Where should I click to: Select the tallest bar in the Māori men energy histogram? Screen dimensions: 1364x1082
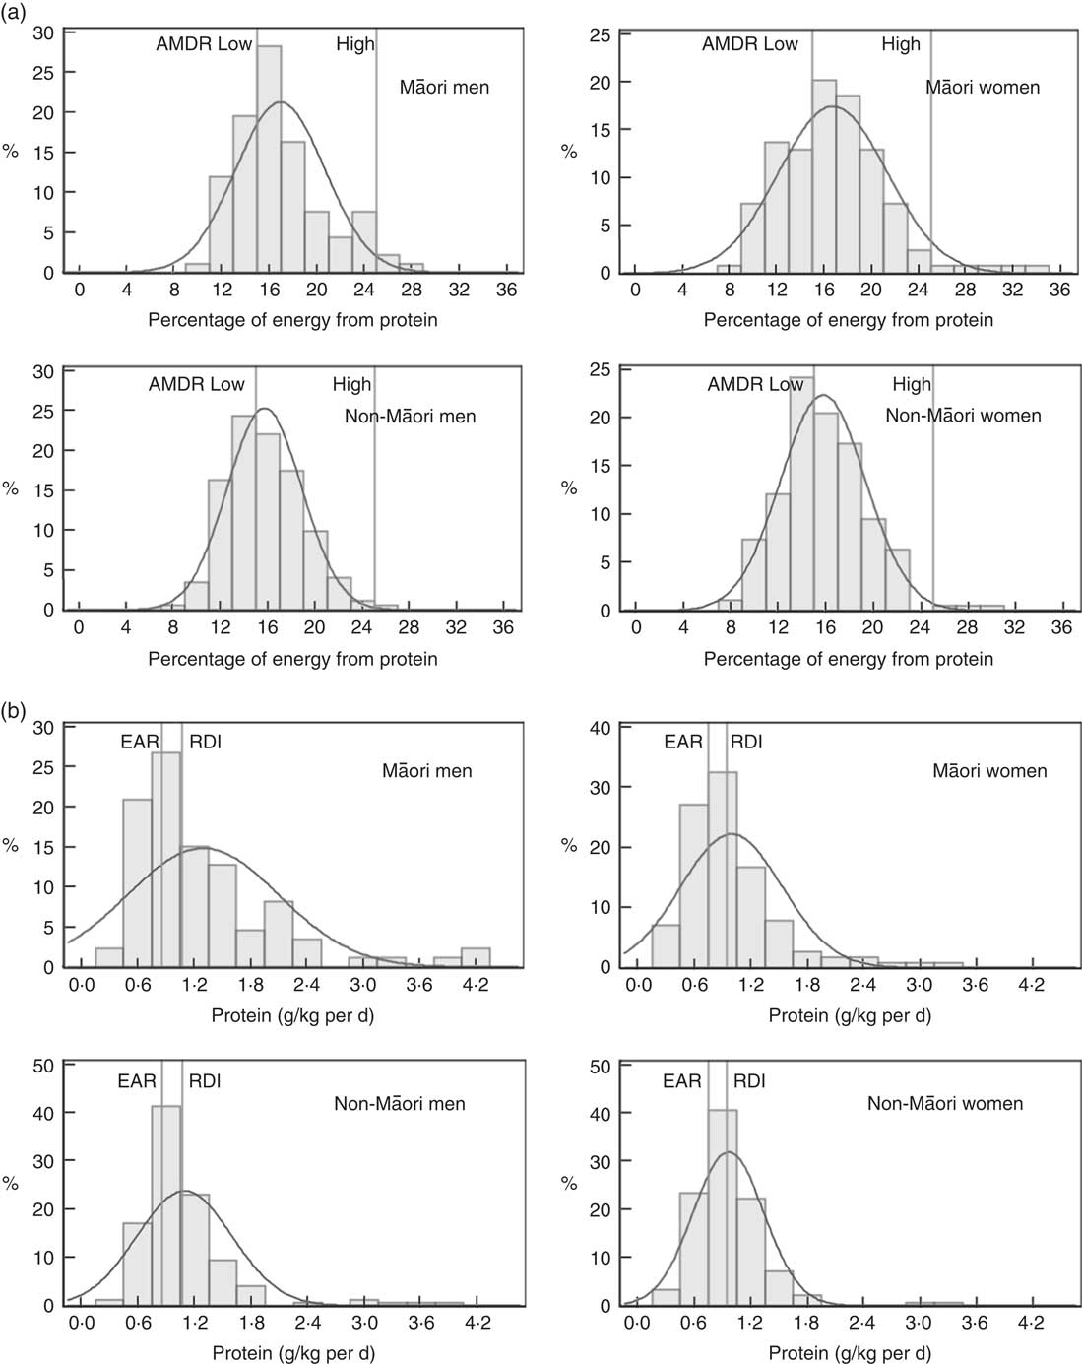269,158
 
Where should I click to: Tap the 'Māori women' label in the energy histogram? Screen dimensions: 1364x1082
983,88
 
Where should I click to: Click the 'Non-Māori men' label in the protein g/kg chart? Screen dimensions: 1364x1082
400,1104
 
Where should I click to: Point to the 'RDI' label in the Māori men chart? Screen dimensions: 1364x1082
205,742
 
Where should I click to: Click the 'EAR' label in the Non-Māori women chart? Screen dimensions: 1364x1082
682,1081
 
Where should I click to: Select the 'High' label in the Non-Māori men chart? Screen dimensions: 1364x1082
351,384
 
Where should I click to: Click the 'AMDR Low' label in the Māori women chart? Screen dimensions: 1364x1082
750,44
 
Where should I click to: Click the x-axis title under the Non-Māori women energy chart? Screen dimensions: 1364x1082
849,659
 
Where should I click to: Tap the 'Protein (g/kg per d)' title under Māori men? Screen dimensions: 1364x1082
292,1014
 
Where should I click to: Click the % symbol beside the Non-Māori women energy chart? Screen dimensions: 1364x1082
569,488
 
